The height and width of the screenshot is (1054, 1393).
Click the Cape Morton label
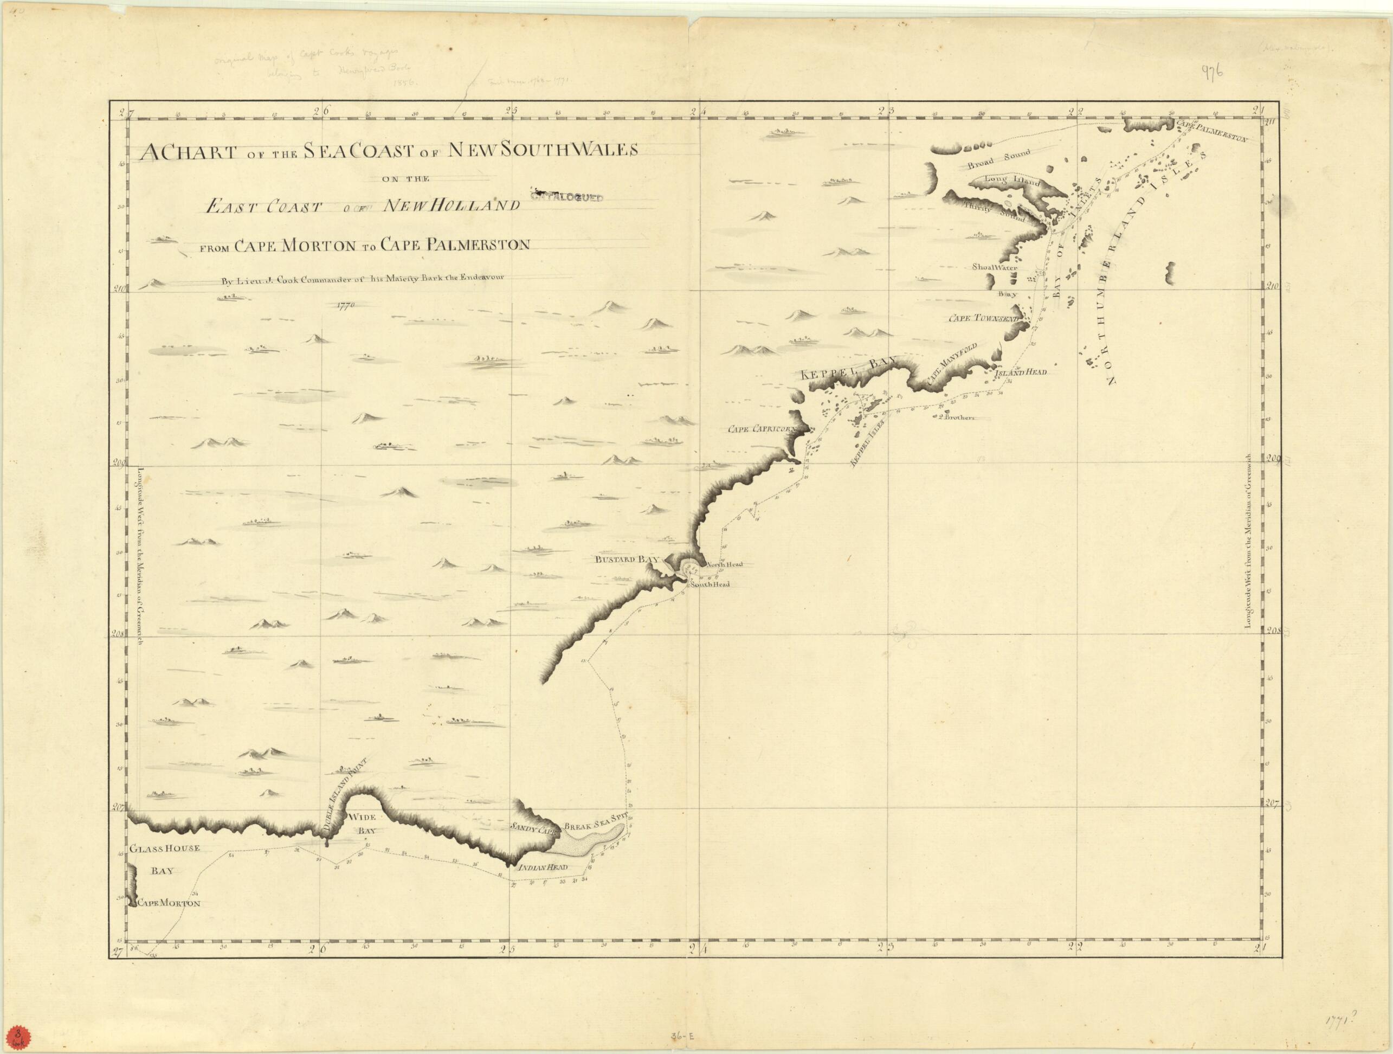click(x=168, y=903)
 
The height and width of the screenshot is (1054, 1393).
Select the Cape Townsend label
click(x=984, y=319)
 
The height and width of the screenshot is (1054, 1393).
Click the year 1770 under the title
click(x=346, y=306)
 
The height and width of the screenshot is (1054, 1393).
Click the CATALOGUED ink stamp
click(x=567, y=197)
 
